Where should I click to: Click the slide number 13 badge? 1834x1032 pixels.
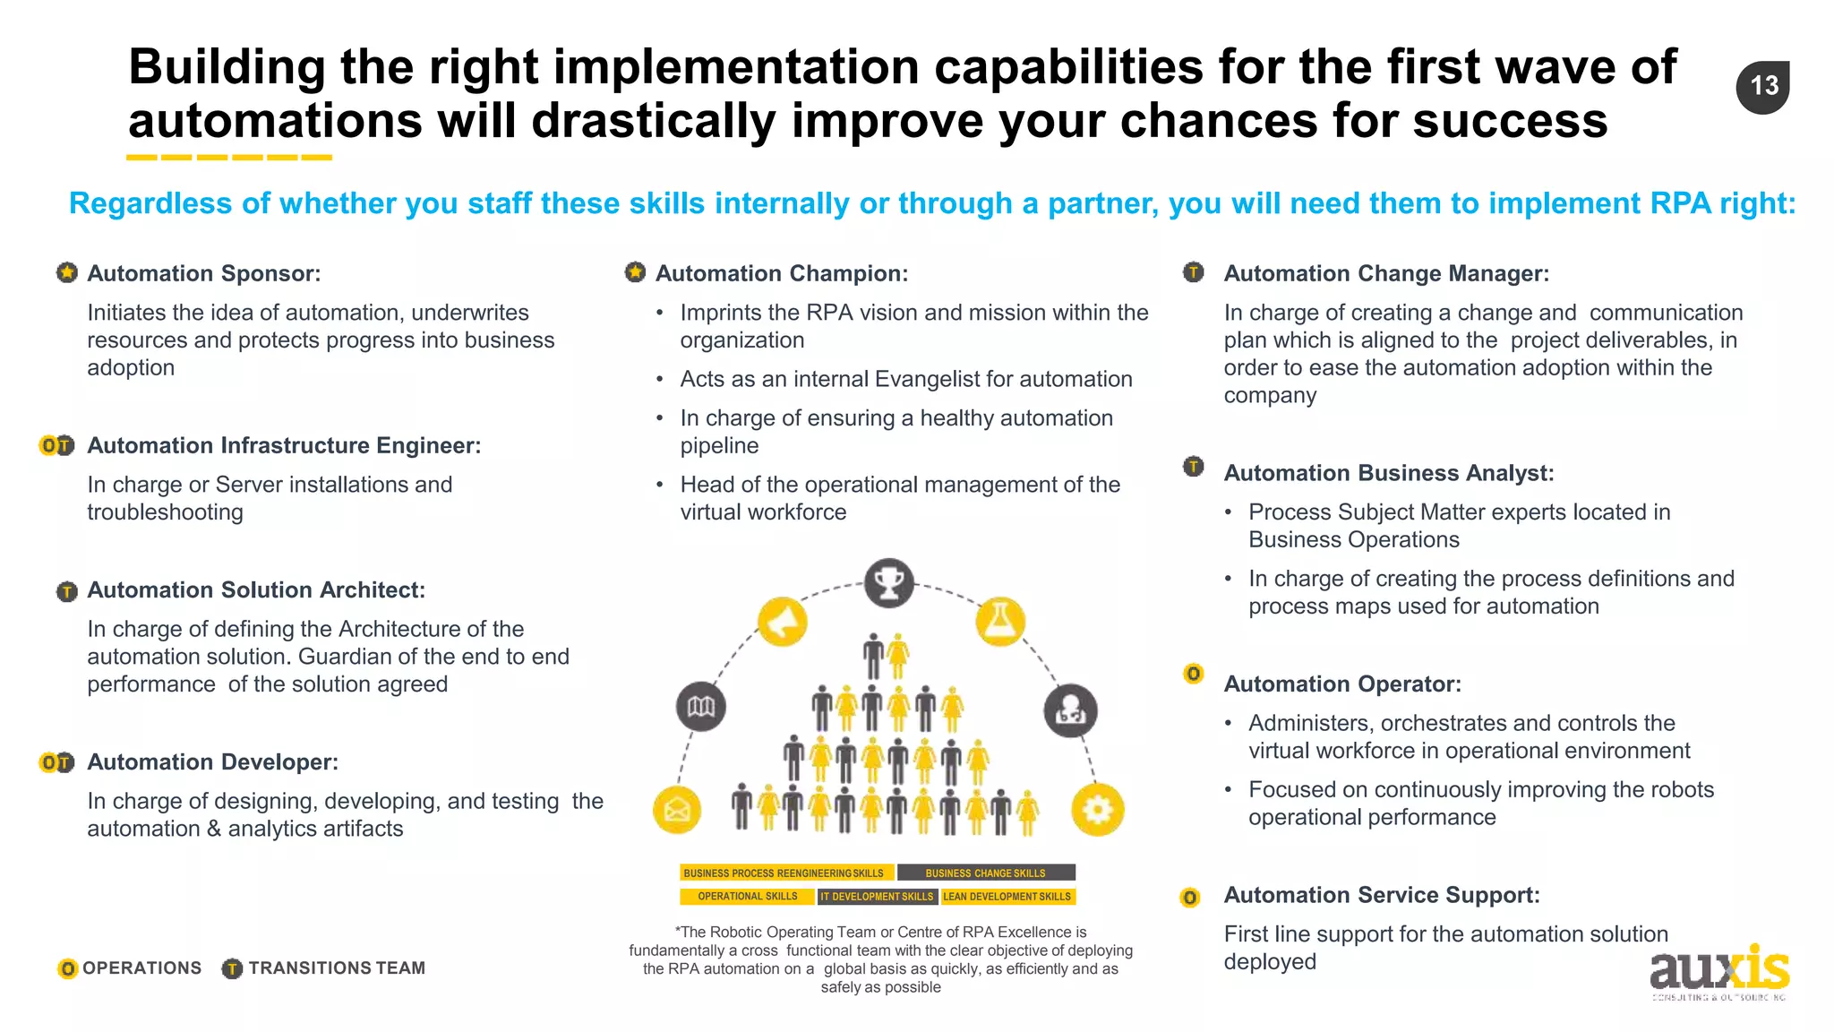tap(1762, 87)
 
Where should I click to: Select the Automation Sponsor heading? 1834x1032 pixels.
tap(203, 273)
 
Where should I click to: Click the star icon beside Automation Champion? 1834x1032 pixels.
tap(635, 272)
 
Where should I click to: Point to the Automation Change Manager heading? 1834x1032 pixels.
tap(1385, 273)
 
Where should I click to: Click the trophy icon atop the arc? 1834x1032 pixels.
tap(888, 583)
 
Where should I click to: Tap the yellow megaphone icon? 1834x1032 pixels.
tap(782, 621)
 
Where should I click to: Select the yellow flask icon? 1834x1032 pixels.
tap(999, 621)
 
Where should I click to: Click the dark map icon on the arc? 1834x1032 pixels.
tap(701, 707)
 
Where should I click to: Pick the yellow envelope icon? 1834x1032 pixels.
tap(677, 810)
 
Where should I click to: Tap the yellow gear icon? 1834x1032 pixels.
tap(1097, 810)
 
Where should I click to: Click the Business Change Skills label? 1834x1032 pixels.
tap(985, 873)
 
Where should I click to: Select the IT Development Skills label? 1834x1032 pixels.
tap(877, 896)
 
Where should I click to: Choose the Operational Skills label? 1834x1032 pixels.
tap(747, 896)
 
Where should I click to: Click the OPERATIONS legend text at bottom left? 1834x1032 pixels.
tap(141, 968)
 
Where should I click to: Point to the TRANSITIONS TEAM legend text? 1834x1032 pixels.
tap(337, 968)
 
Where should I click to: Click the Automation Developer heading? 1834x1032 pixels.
tap(212, 762)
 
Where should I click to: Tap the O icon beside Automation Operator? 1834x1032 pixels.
tap(1193, 674)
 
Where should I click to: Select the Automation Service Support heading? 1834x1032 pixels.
tap(1381, 895)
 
